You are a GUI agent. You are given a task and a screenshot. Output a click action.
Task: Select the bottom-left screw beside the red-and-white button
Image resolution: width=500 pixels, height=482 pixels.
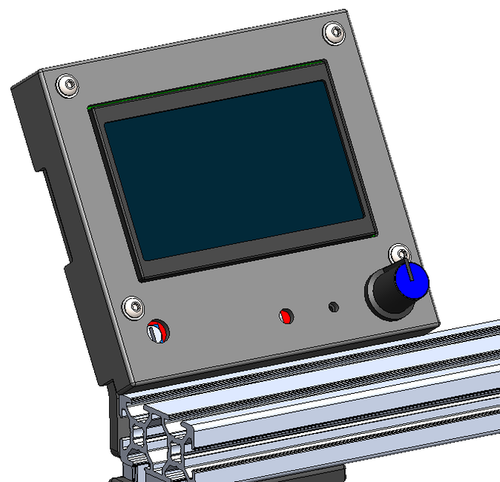coord(134,307)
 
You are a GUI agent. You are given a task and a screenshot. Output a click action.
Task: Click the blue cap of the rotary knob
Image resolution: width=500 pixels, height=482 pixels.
coord(412,282)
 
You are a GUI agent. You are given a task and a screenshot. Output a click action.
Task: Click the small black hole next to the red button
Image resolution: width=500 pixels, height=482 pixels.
coord(334,307)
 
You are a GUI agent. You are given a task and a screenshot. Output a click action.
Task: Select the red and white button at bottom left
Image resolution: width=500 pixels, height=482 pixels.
coord(158,331)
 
